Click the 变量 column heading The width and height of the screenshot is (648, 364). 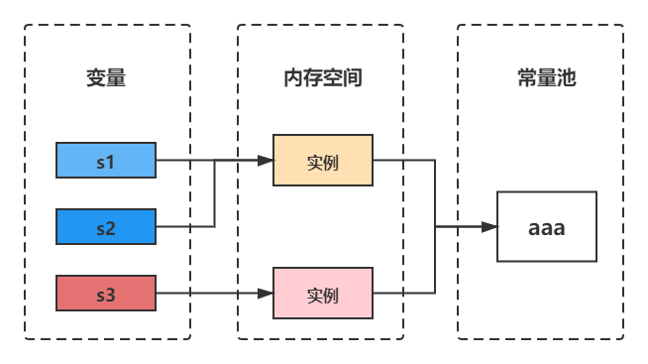point(106,79)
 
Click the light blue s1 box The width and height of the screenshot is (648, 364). point(106,161)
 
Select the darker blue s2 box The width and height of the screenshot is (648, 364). point(106,227)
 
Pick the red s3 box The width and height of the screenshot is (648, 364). point(106,294)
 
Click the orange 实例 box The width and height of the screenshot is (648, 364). point(323,161)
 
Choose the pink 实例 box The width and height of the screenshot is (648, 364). point(323,294)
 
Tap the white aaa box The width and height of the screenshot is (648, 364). point(546,227)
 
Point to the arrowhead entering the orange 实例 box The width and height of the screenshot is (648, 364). point(266,161)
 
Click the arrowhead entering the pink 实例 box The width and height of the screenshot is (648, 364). point(266,294)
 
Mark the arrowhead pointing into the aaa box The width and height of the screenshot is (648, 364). point(488,227)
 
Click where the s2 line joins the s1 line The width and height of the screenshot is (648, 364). point(215,161)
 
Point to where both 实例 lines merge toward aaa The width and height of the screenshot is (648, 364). point(436,227)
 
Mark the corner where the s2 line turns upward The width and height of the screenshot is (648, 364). point(215,227)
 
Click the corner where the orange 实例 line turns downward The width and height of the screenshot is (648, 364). point(436,161)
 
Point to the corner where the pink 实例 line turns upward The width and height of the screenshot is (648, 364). point(436,294)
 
